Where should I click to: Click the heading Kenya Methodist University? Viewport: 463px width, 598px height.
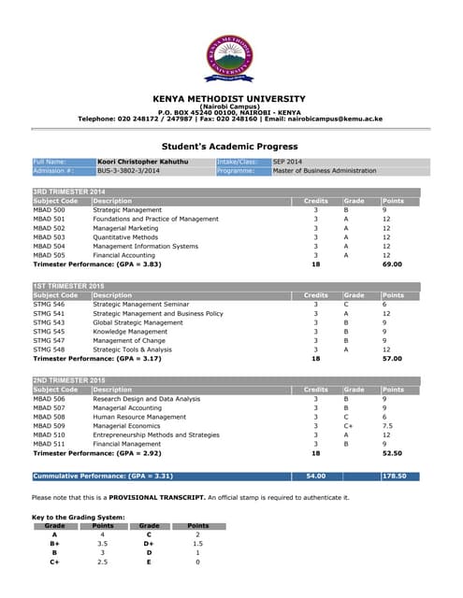point(229,99)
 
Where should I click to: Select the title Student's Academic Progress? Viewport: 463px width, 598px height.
point(229,147)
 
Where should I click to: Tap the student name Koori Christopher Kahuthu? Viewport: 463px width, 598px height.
point(142,163)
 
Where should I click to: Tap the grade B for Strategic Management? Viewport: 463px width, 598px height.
point(346,210)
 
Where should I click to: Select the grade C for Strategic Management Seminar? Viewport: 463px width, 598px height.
point(346,305)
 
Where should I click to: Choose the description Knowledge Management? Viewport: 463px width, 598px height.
point(130,332)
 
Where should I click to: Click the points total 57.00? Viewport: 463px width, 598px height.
point(392,359)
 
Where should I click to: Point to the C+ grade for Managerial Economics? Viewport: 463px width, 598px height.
point(348,425)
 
